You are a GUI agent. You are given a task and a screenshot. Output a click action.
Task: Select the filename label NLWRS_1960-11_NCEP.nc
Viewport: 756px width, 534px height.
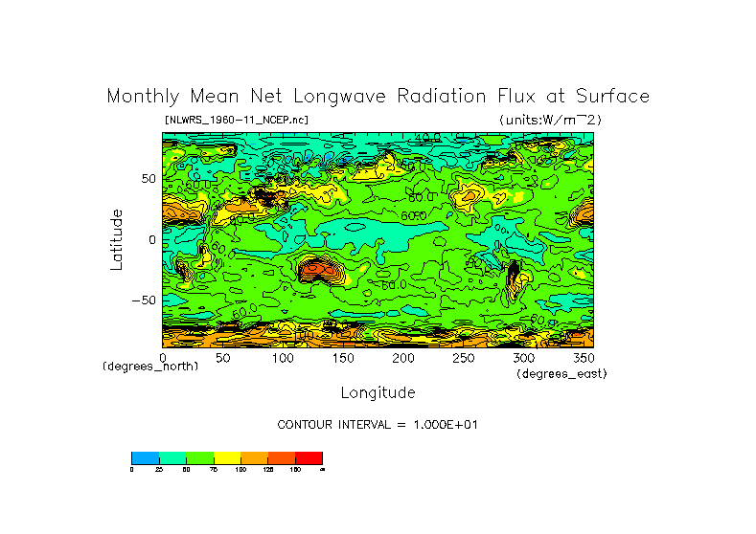click(237, 120)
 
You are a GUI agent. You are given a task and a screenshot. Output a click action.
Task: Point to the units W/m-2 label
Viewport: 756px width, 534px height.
click(550, 120)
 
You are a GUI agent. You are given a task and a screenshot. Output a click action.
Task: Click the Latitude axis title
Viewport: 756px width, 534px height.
click(116, 239)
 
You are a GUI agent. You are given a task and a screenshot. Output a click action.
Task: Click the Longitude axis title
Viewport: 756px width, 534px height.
click(378, 392)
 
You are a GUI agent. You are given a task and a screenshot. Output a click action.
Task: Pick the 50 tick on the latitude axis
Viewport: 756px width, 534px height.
click(148, 179)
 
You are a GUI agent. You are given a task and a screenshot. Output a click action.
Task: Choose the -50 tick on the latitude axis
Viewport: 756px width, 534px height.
click(144, 300)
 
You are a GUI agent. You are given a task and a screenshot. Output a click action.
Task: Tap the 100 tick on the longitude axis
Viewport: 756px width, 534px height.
click(283, 357)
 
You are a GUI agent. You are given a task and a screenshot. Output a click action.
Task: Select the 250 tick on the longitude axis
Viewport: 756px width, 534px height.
click(463, 357)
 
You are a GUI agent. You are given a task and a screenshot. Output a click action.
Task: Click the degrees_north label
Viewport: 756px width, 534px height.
click(150, 367)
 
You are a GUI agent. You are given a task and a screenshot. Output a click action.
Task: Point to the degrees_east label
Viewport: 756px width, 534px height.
click(561, 374)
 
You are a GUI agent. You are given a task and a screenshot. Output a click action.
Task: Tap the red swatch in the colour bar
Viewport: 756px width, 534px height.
click(309, 457)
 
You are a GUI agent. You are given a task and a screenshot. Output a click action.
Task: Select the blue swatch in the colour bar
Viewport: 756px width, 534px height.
click(145, 457)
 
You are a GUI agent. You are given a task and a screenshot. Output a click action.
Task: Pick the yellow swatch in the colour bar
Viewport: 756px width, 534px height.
click(226, 457)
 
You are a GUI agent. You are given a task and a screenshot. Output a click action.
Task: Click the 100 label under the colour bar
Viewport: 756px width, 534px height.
click(241, 470)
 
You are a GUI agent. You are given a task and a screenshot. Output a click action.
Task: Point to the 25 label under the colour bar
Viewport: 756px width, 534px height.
click(158, 470)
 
